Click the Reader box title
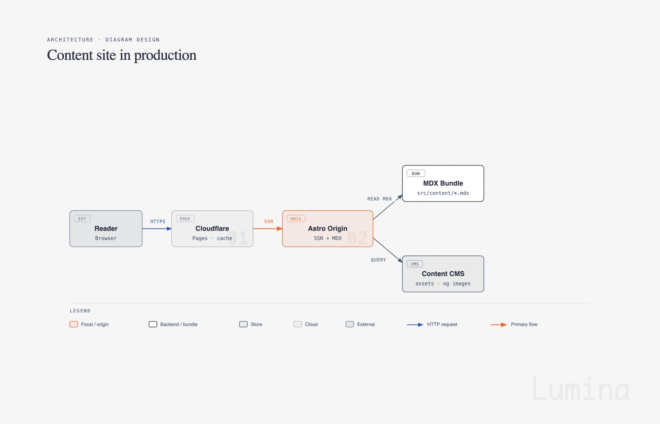(x=106, y=228)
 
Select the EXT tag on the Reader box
(x=82, y=219)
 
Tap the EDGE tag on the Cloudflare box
(x=185, y=219)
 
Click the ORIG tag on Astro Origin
(x=296, y=219)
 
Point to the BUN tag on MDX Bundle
(x=416, y=173)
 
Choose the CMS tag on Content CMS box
(x=415, y=264)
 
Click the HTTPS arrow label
(x=158, y=222)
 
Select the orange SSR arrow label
(x=269, y=222)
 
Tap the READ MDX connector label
(x=379, y=199)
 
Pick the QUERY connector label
(x=379, y=260)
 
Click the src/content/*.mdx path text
(x=443, y=193)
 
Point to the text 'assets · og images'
(x=443, y=284)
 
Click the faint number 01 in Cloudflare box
(x=238, y=238)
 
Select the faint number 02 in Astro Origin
(x=358, y=238)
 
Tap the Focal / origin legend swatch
(x=74, y=324)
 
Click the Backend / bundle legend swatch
(x=153, y=324)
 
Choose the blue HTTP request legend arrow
(x=415, y=325)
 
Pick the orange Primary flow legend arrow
(x=499, y=325)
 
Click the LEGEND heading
(x=80, y=311)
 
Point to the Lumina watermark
(x=581, y=389)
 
